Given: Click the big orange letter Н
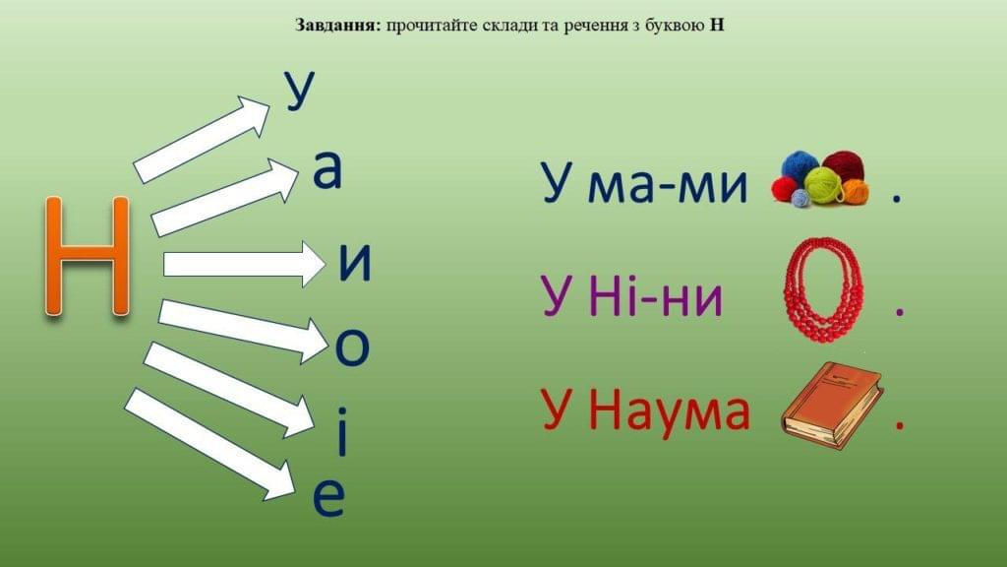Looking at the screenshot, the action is (x=88, y=256).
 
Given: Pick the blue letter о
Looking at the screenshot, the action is (x=353, y=346).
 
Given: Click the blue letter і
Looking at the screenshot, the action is (x=342, y=431).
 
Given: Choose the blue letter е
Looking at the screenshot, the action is (x=328, y=497).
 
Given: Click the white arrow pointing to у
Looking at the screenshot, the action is (x=202, y=139).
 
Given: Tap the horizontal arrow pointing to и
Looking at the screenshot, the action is (x=244, y=264).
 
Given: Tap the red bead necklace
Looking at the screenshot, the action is (x=823, y=290).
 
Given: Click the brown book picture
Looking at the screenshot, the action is (x=832, y=405).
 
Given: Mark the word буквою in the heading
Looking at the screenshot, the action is (x=673, y=26).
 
